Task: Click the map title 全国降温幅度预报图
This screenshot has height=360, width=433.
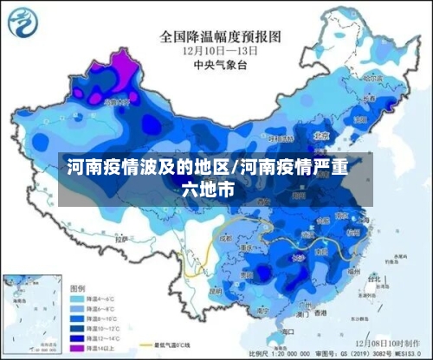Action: tap(220, 36)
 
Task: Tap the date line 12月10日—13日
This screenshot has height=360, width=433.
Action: tap(220, 50)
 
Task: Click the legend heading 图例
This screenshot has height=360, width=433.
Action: tap(77, 286)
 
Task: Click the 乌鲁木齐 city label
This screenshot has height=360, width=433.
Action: tap(117, 101)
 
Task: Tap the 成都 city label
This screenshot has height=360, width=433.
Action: tap(226, 235)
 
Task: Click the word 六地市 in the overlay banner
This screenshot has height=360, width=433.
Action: tap(207, 187)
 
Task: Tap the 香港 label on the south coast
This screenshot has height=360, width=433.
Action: tap(321, 311)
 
